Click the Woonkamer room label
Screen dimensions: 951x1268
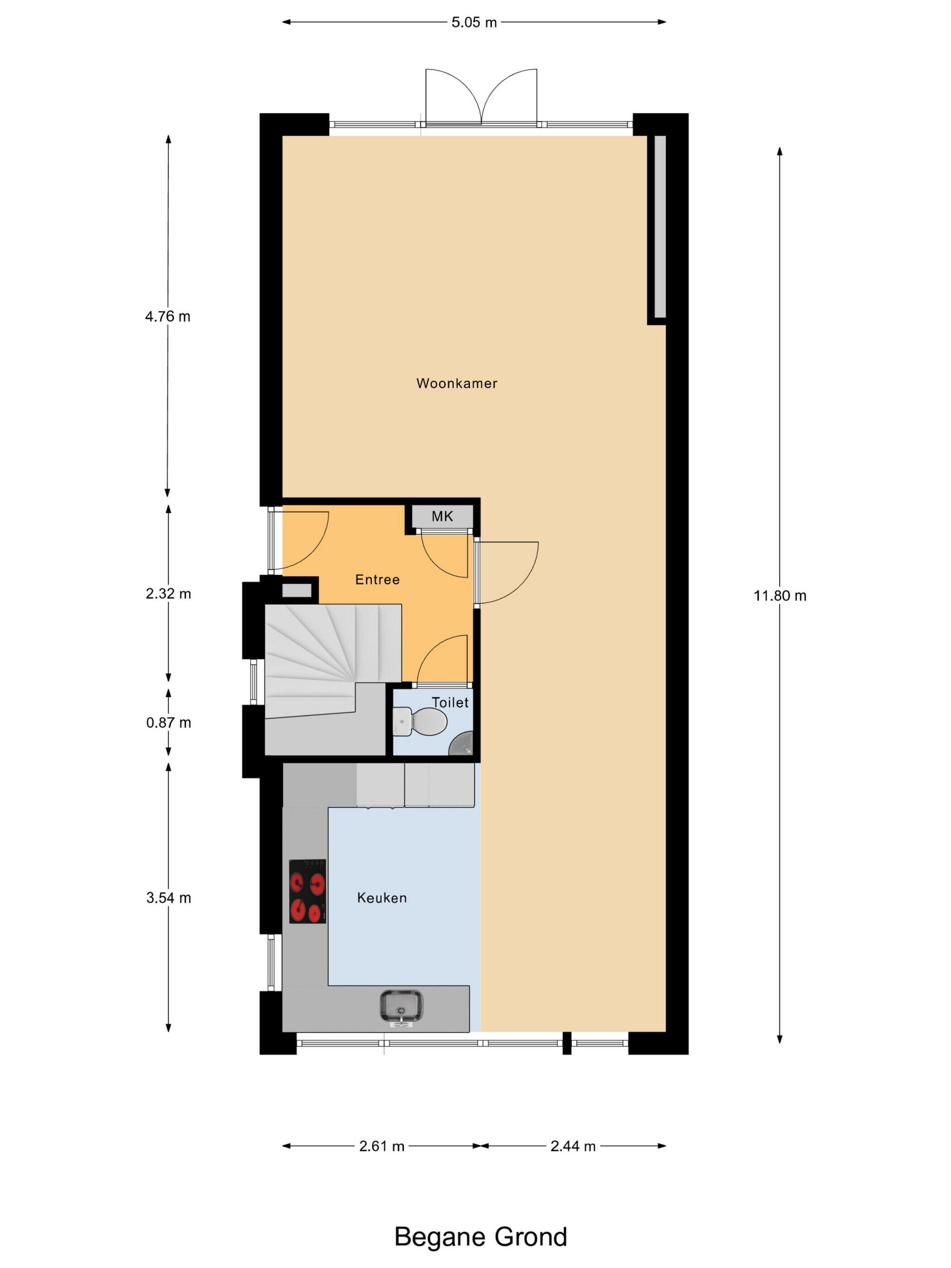pos(456,383)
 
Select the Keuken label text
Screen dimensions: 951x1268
pos(382,897)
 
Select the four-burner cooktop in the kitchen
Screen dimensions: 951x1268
pos(308,891)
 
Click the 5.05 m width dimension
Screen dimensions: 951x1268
pos(474,22)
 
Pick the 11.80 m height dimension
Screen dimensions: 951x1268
pos(780,596)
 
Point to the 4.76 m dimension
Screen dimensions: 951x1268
pos(168,317)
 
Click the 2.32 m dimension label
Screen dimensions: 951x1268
pos(168,594)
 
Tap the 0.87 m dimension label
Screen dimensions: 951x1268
pos(168,723)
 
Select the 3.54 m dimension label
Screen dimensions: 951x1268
pos(168,898)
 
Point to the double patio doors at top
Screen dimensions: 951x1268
pos(481,97)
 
